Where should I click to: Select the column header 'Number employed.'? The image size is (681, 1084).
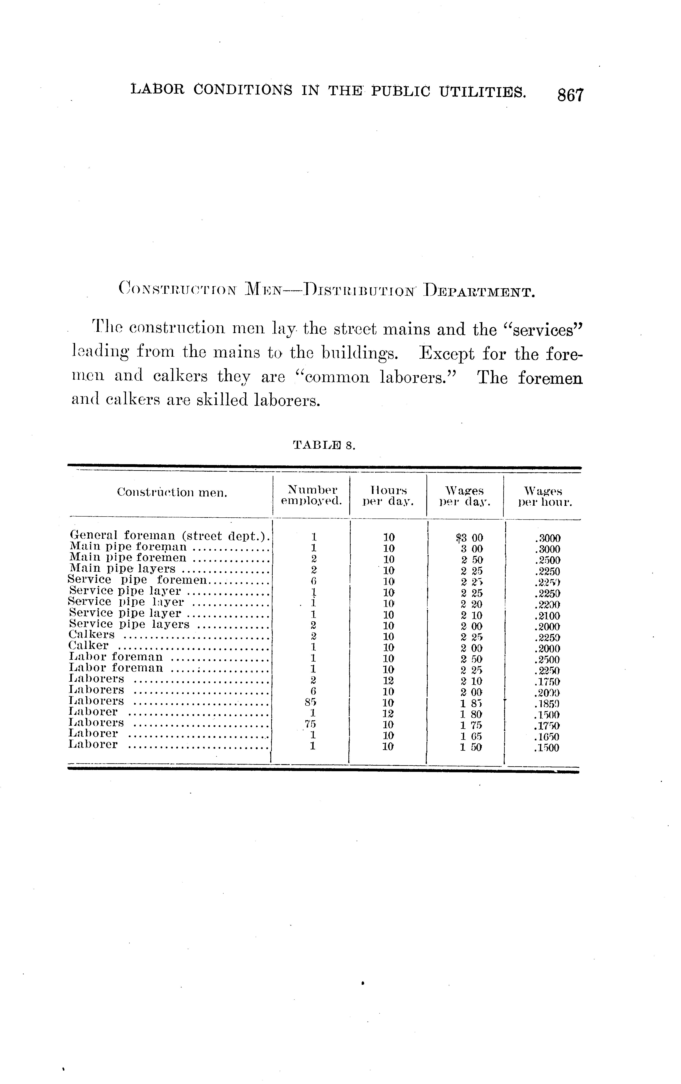coord(312,495)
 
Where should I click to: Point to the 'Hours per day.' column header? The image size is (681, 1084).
coord(388,495)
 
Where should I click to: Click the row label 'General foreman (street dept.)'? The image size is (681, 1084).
coord(170,536)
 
